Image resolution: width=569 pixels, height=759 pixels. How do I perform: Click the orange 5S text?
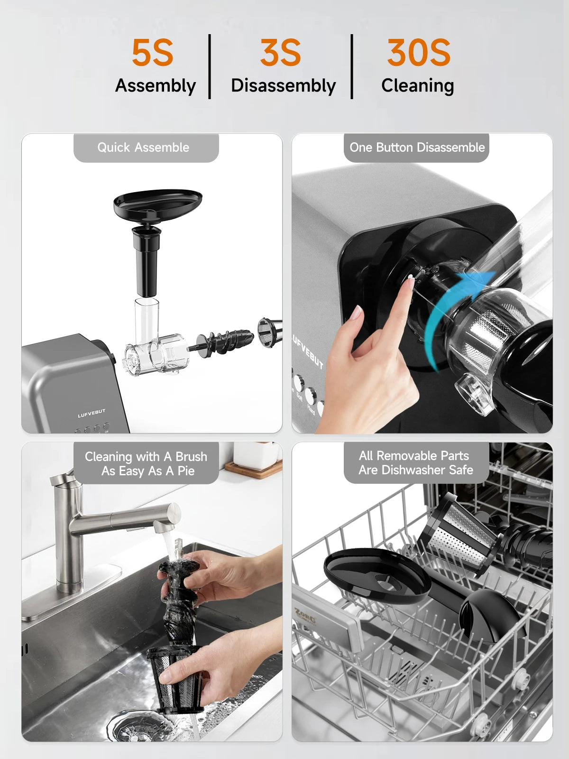(152, 53)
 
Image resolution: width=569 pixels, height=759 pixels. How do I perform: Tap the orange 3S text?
(280, 53)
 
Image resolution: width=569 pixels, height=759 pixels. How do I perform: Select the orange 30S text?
(418, 53)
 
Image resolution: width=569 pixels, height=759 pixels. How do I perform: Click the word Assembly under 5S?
(156, 86)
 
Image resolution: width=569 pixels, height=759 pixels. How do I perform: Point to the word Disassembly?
(283, 86)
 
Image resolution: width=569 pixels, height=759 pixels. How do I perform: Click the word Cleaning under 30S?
(417, 86)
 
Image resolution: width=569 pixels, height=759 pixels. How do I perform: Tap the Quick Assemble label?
(143, 148)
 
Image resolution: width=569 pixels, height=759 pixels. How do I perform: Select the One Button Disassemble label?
(417, 148)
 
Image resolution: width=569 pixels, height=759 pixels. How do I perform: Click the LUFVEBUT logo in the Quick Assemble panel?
(92, 414)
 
